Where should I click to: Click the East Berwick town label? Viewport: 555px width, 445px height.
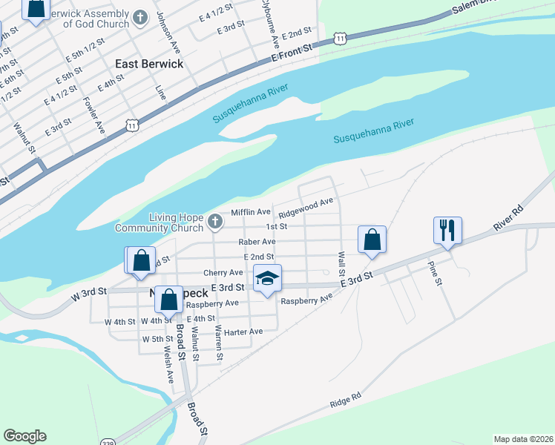(x=148, y=64)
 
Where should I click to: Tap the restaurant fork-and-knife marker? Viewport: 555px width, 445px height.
(x=447, y=230)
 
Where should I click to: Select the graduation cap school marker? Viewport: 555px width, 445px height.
(x=267, y=278)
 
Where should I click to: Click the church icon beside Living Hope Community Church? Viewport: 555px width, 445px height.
(x=214, y=221)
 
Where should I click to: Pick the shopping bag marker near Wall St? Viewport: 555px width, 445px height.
(x=372, y=240)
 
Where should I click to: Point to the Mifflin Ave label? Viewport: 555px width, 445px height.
(x=251, y=212)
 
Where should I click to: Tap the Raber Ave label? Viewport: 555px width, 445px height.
(x=257, y=242)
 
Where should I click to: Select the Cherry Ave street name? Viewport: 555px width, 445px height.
(x=223, y=273)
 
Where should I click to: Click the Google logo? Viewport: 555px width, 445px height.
(x=24, y=436)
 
